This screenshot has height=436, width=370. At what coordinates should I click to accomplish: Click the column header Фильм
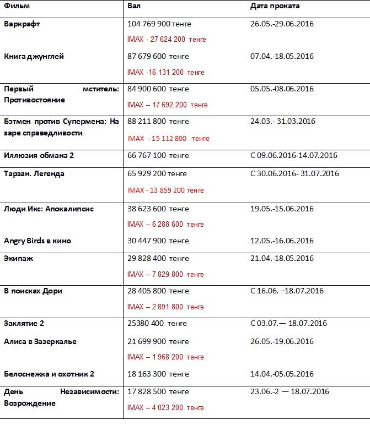click(x=17, y=6)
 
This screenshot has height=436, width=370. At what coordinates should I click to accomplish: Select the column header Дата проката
click(x=275, y=6)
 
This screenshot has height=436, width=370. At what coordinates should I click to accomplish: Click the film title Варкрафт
click(x=22, y=24)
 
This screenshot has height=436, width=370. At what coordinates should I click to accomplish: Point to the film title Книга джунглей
click(x=34, y=56)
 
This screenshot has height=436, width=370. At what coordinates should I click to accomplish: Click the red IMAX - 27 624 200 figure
click(x=166, y=40)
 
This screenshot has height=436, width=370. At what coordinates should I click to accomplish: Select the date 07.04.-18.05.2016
click(x=282, y=56)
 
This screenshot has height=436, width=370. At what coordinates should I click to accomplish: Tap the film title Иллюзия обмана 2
click(x=39, y=155)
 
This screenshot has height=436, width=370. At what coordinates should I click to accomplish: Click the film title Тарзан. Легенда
click(x=34, y=173)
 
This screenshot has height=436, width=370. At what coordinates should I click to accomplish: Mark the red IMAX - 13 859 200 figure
click(x=165, y=190)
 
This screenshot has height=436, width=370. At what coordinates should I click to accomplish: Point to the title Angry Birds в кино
click(x=37, y=241)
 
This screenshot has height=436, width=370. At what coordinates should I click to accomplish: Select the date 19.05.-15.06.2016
click(x=282, y=209)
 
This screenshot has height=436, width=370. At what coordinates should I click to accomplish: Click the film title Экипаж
click(x=19, y=258)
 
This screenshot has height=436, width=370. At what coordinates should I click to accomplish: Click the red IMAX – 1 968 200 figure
click(x=166, y=357)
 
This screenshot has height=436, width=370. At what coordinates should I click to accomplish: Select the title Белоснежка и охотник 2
click(x=49, y=374)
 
